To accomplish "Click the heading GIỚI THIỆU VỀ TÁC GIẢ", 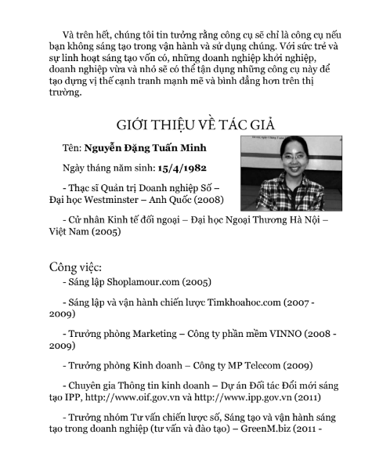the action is click(195, 125).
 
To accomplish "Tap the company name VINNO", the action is click(291, 333).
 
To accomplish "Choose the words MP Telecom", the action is click(233, 364).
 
